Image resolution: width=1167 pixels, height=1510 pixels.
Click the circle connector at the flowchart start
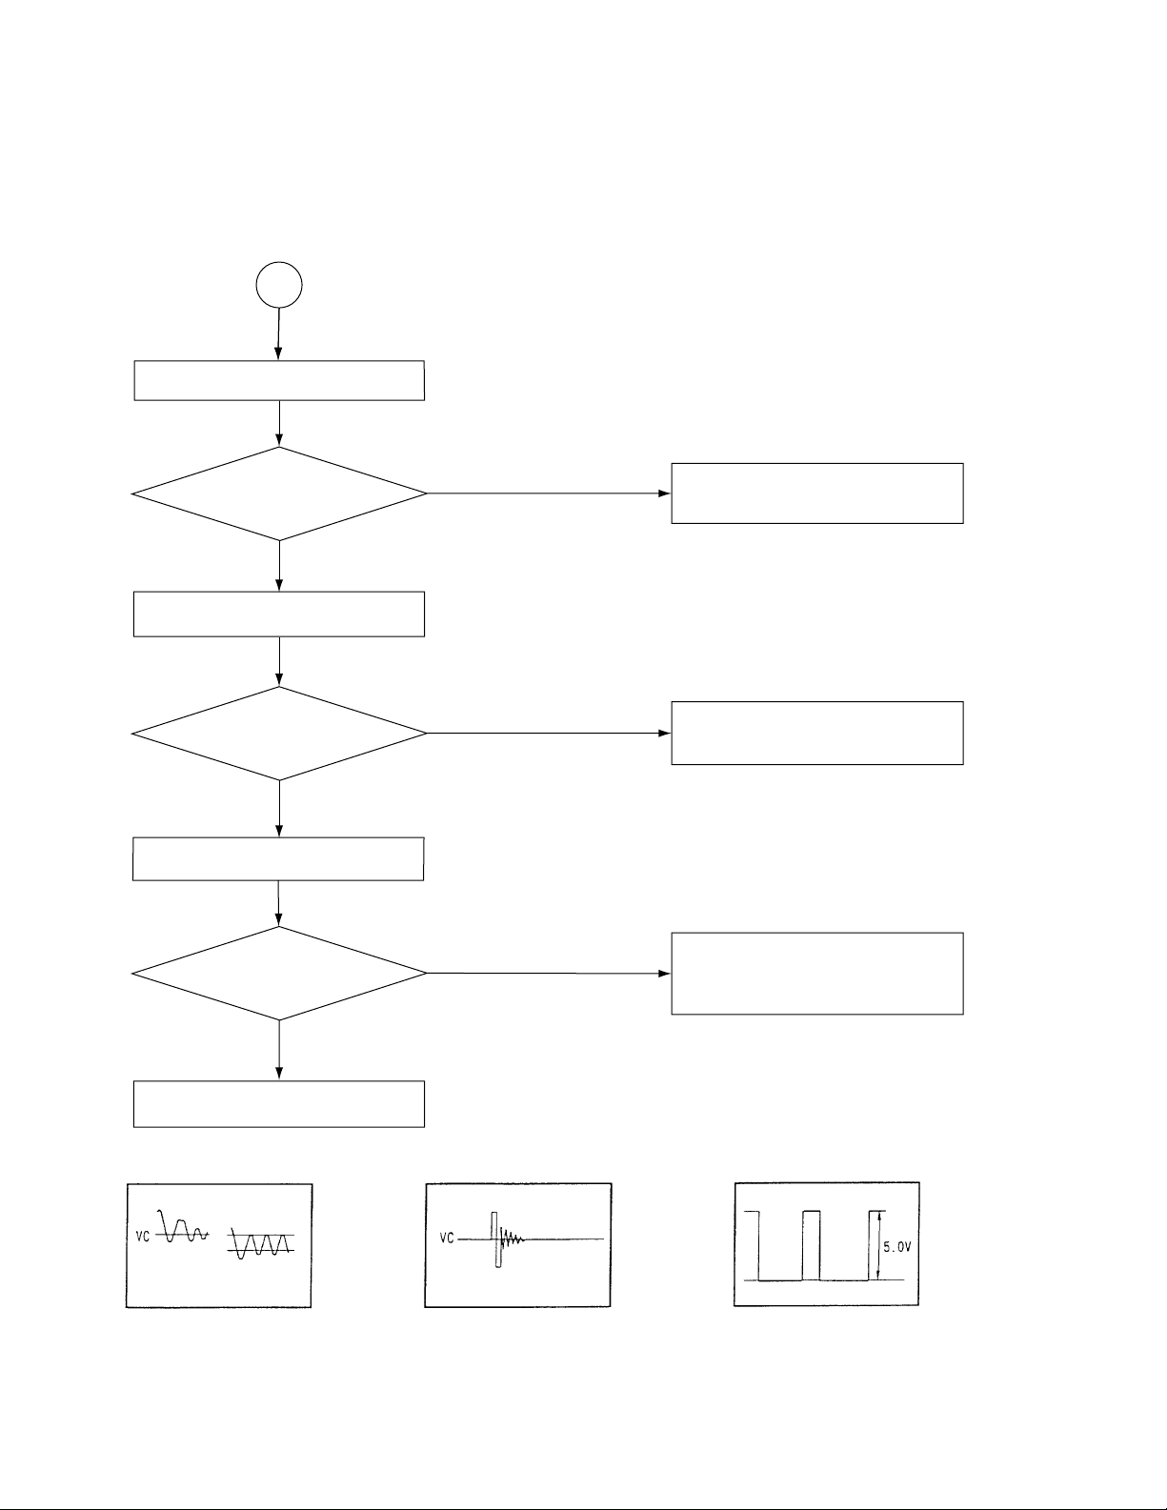279,285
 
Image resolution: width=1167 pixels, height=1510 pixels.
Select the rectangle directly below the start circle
279,380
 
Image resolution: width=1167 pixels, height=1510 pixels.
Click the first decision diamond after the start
279,493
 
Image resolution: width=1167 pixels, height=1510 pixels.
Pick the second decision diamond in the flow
279,734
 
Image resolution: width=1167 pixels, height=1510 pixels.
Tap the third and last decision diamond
279,974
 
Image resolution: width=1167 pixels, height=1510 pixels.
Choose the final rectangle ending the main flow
279,1104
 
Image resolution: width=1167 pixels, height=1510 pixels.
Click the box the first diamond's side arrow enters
817,493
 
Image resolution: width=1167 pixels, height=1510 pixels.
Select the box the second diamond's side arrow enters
817,733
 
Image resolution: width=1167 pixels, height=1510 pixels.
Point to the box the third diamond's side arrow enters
817,974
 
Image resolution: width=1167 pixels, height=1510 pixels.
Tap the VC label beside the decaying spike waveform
446,1239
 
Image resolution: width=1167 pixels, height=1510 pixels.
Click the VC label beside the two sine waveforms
142,1237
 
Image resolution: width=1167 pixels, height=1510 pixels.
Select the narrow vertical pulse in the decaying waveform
495,1239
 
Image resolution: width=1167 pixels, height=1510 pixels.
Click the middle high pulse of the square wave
811,1244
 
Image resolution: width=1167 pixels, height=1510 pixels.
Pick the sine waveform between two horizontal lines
260,1243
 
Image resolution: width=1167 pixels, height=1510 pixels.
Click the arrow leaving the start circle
278,333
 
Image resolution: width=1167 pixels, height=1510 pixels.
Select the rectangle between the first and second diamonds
279,614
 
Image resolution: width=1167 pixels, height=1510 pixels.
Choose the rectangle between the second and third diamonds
278,859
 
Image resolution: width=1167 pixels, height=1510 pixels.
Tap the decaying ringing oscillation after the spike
512,1239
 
